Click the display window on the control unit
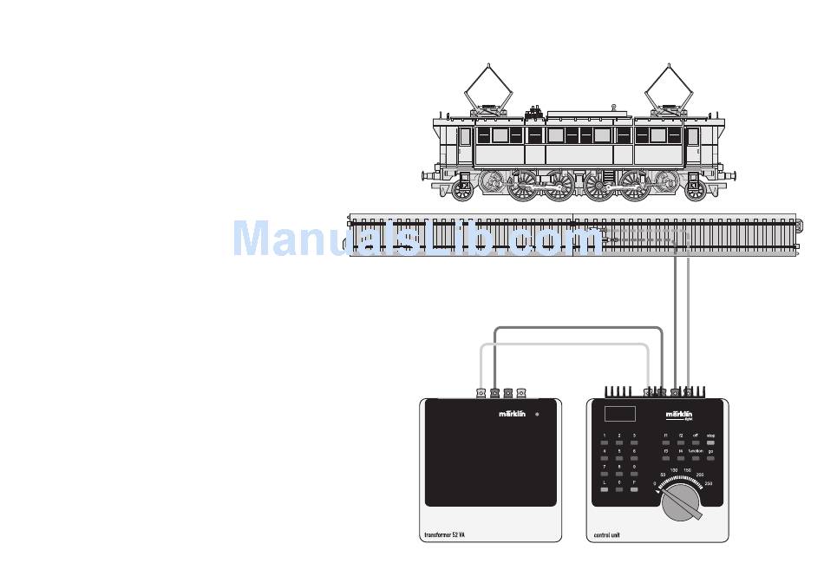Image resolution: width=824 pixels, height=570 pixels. click(x=620, y=414)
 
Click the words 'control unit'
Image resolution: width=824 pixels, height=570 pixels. click(x=610, y=535)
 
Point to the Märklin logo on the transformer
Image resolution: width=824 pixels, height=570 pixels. click(x=512, y=414)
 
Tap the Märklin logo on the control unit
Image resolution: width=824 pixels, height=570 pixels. click(x=679, y=416)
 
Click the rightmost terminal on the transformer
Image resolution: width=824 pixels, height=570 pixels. click(x=521, y=393)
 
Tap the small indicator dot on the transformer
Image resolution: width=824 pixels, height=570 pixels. click(x=537, y=414)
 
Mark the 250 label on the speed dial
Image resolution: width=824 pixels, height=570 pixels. click(x=709, y=483)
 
